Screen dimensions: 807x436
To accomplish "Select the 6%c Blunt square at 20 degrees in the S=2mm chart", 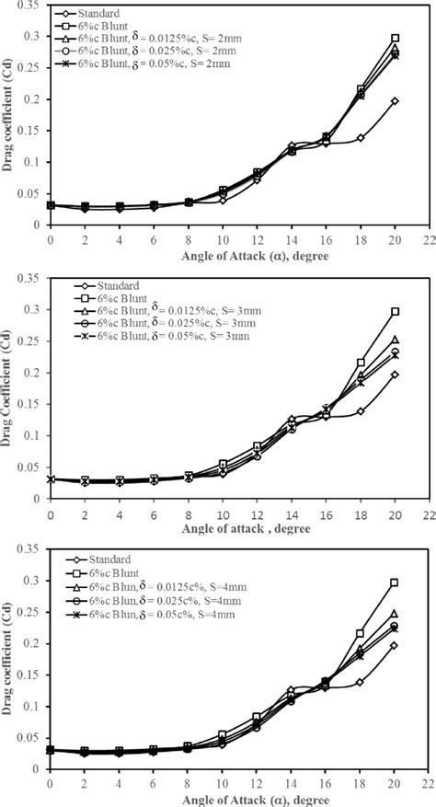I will point(395,39).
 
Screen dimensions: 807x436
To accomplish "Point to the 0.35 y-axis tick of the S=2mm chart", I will point(32,6).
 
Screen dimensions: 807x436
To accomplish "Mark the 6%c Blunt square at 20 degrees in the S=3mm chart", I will point(395,312).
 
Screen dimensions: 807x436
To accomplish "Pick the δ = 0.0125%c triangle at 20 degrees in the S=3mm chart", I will point(395,340).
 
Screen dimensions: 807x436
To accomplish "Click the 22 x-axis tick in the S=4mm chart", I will point(429,781).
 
